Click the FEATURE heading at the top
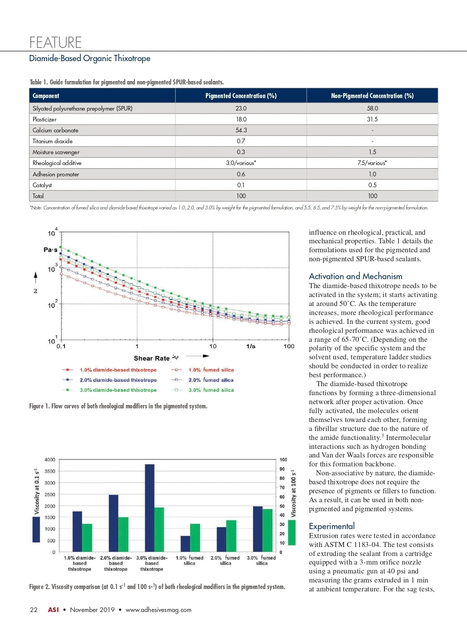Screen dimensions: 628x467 tap(56, 42)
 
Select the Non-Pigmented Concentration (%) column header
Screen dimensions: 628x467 tap(372, 96)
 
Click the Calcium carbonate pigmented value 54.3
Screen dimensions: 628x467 tap(241, 130)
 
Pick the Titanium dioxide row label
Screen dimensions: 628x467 tap(53, 141)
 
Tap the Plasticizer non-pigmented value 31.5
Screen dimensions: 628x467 tap(372, 119)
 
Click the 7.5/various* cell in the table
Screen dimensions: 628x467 tap(372, 163)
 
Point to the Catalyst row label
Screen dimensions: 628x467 tap(42, 185)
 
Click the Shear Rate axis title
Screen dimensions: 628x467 tap(152, 358)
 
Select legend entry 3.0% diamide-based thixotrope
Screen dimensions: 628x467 tap(118, 390)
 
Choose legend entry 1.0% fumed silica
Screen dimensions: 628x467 tap(211, 370)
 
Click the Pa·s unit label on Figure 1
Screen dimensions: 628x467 tap(51, 250)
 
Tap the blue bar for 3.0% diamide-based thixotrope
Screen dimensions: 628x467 tap(149, 508)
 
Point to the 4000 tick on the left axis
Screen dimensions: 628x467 tap(50, 460)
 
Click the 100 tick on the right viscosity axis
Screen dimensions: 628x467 tap(283, 460)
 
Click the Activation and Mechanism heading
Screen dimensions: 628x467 tap(355, 276)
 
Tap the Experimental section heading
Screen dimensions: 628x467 tap(332, 526)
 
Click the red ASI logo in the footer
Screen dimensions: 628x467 tap(53, 610)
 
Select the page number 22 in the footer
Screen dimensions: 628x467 tap(34, 610)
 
